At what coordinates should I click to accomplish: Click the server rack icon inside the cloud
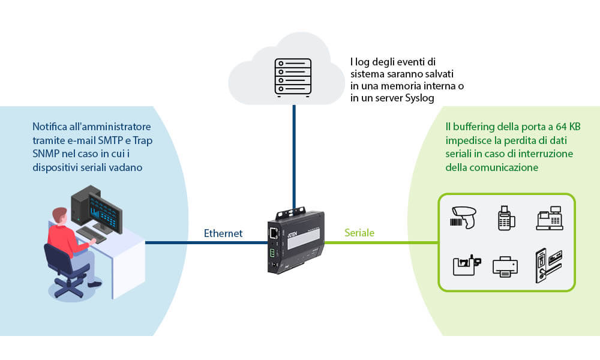pyautogui.click(x=293, y=77)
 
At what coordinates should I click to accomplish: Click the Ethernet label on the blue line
pyautogui.click(x=223, y=233)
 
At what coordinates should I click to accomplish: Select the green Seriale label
pyautogui.click(x=359, y=233)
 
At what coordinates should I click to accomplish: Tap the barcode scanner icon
pyautogui.click(x=465, y=217)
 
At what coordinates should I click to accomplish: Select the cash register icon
pyautogui.click(x=548, y=217)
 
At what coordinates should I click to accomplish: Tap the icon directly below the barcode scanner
pyautogui.click(x=465, y=265)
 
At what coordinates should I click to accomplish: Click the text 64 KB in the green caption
pyautogui.click(x=565, y=127)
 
